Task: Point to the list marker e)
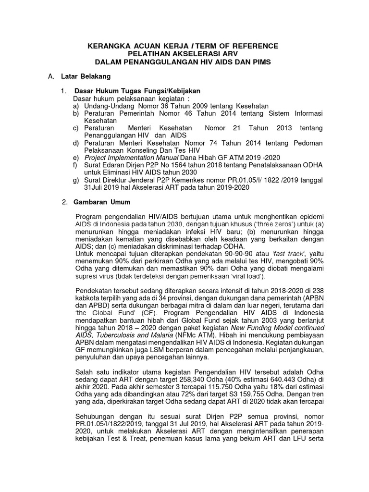point(75,158)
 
